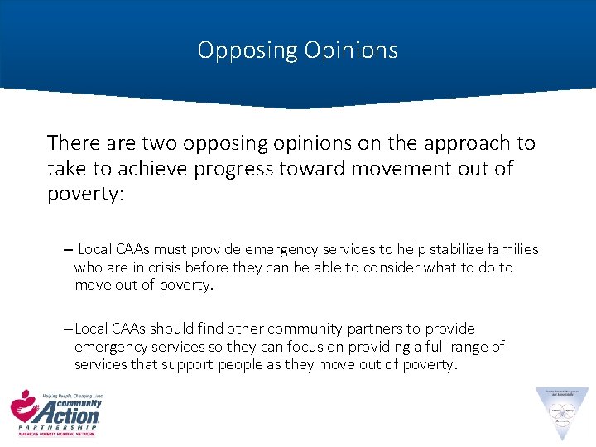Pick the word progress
tap(241, 169)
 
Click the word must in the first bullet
tap(160, 249)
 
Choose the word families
tap(509, 249)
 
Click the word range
tap(468, 347)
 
